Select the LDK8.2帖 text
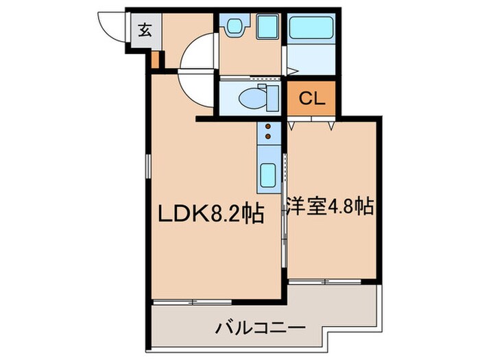coord(212,214)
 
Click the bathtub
coord(311,29)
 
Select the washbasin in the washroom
coord(235,28)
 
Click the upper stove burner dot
coord(268,126)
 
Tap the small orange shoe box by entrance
coord(155,60)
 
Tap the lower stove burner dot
coord(268,136)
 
